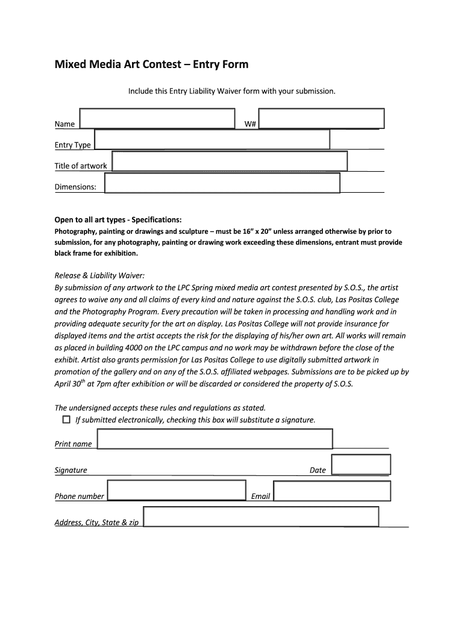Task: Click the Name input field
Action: pos(157,119)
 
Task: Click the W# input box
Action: pos(321,119)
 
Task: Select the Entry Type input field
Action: pos(212,139)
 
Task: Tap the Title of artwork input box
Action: pos(230,161)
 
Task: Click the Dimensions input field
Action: pos(222,183)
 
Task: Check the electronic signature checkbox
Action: pos(66,419)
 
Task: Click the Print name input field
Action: pos(215,439)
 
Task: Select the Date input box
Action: pos(361,465)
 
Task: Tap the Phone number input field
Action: pos(177,490)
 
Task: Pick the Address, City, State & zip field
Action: pos(261,517)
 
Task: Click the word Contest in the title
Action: pos(166,64)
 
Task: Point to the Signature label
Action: pos(71,470)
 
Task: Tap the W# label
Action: pos(251,124)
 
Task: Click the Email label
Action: pos(260,496)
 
